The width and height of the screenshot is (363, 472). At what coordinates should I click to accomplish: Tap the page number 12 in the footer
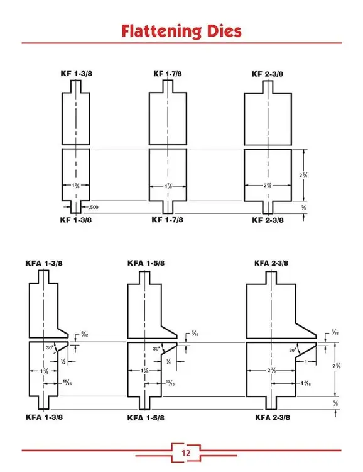[187, 452]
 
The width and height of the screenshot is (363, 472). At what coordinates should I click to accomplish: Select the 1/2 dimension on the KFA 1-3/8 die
[63, 362]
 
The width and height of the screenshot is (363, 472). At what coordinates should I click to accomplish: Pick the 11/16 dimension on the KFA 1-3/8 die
[67, 383]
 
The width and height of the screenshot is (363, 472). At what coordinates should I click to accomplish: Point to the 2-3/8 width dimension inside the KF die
[268, 185]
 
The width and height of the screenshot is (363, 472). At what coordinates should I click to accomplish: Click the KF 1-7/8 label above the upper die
[168, 74]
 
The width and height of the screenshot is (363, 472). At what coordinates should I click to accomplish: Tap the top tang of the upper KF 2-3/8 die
[268, 85]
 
